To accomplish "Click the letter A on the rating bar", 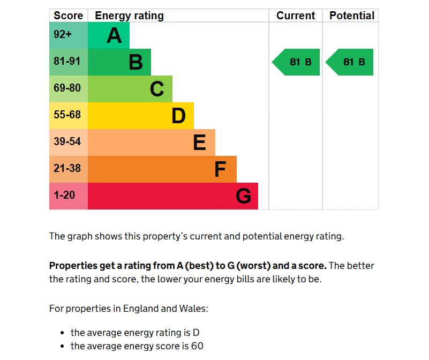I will point(114,35).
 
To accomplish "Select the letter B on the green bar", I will point(136,62).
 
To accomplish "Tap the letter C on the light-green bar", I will point(157,89).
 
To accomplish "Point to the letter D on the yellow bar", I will point(178,116).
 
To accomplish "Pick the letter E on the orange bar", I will point(199,142).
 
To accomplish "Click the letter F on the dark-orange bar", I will point(220,169).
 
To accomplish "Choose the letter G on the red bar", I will point(243,196).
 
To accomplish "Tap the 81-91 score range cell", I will point(68,62).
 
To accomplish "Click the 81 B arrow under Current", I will point(297,62).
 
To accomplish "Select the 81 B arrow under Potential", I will point(350,62).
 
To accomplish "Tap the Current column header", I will point(296,16).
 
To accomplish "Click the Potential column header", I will point(351,16).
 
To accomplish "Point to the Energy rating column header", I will point(129,16).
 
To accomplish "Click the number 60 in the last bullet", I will point(197,346).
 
